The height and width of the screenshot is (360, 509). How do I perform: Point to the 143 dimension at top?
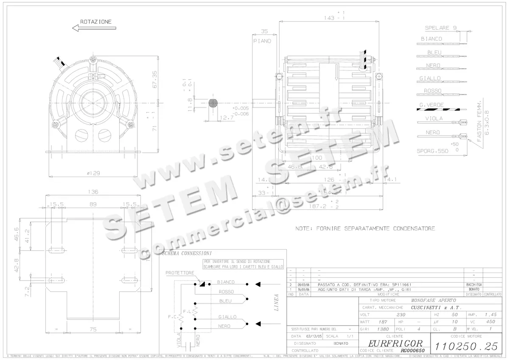coord(328,18)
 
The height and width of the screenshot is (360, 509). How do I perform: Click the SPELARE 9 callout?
coord(440,28)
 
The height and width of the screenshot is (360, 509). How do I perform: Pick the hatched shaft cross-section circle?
coord(213,103)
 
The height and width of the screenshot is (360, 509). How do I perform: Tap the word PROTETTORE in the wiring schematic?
coord(180,273)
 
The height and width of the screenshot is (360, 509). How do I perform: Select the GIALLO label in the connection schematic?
coord(227,317)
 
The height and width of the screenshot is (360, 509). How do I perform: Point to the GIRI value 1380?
coord(383,329)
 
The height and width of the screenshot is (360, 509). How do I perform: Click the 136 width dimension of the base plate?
coord(93,192)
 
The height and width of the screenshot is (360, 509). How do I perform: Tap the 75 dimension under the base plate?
coord(93,329)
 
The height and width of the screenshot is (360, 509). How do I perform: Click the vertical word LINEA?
coord(277,302)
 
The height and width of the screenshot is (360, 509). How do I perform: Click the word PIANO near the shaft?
coord(262,41)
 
